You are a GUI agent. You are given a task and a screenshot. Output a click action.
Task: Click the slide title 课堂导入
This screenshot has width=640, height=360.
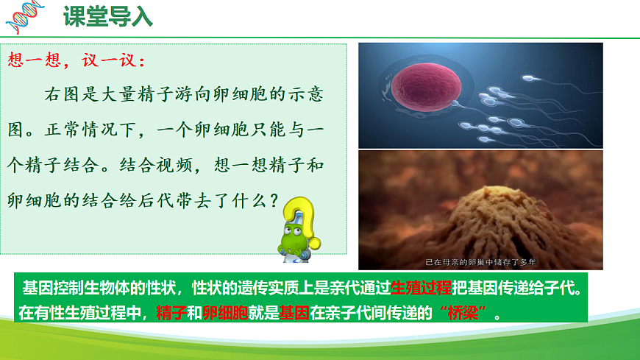108,16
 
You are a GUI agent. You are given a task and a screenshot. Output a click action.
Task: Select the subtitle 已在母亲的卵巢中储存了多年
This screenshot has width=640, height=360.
481,261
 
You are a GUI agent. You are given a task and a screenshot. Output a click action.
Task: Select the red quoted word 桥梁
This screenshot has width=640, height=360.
469,312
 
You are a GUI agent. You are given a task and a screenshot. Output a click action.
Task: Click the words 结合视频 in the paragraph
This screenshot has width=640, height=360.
157,166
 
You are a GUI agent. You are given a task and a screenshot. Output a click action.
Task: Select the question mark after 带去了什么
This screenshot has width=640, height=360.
273,200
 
